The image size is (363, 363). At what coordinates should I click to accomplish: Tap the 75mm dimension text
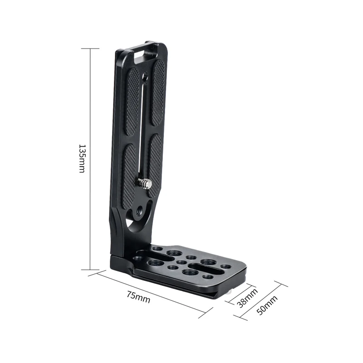click(138, 297)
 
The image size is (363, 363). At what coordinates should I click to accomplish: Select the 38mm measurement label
click(247, 298)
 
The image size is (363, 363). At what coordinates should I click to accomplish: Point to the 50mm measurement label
click(267, 305)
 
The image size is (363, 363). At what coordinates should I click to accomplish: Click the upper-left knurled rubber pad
click(132, 101)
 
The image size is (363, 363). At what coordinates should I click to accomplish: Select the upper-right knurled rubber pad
click(159, 93)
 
